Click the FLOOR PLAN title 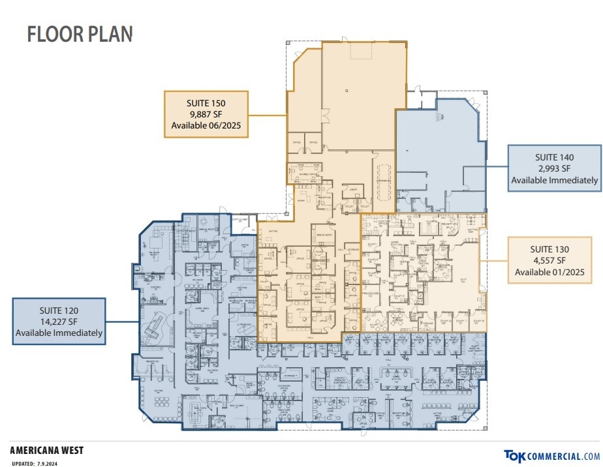[x=80, y=34]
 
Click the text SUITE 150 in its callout [x=206, y=102]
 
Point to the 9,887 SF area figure [x=206, y=113]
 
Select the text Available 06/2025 [x=206, y=125]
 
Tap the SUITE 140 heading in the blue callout [x=554, y=157]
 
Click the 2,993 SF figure [x=554, y=168]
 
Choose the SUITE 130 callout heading [x=549, y=249]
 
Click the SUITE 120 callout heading [x=59, y=310]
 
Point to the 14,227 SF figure [x=59, y=322]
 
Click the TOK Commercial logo [x=551, y=456]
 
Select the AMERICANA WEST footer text [x=47, y=450]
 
